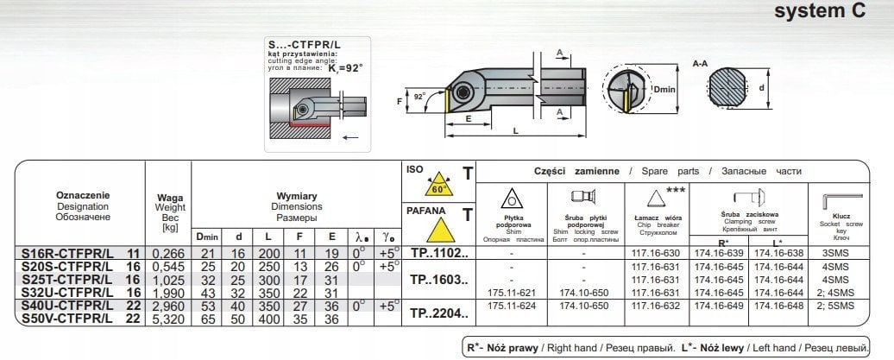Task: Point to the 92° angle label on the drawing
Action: click(x=419, y=97)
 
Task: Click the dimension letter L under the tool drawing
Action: click(x=514, y=129)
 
